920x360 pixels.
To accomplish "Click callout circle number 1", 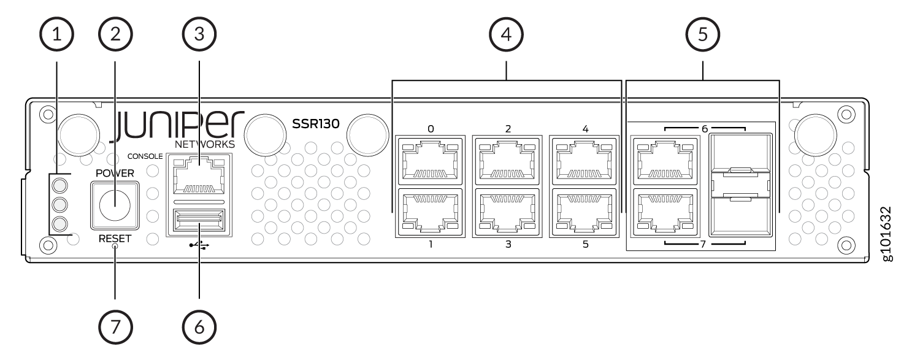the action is click(x=56, y=34).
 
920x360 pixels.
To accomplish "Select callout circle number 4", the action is click(x=506, y=34).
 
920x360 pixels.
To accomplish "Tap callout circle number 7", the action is click(x=115, y=327).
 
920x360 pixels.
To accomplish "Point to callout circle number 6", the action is click(x=199, y=327).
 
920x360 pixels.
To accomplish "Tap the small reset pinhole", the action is click(x=115, y=247).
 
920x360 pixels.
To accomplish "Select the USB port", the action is click(x=199, y=220).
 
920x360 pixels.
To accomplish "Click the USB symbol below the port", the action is click(x=199, y=245).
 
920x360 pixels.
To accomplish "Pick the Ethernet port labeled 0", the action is click(x=430, y=161).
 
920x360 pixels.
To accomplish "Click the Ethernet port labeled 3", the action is click(x=507, y=212).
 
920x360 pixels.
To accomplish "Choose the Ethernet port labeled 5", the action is click(x=585, y=212).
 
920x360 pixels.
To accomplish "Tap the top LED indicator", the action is click(x=60, y=186).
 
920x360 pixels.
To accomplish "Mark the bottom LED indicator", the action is click(x=60, y=224).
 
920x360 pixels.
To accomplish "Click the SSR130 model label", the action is click(x=316, y=123).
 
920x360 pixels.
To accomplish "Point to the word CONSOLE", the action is click(x=145, y=156).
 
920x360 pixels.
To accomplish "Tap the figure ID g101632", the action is click(x=887, y=234).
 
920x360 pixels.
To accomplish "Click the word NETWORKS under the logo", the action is click(x=205, y=144).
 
